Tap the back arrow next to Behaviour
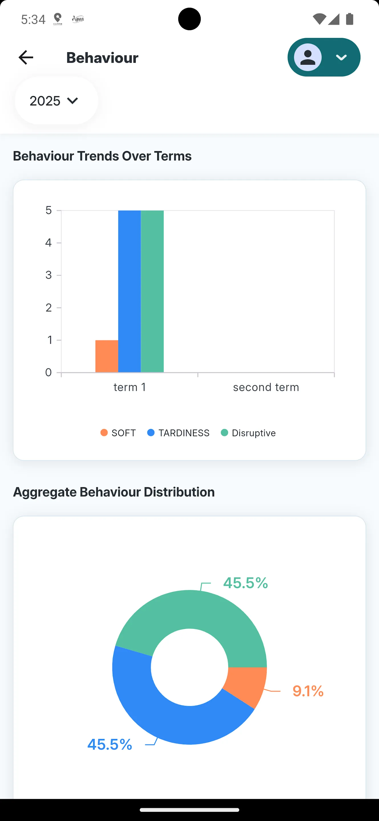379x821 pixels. click(x=26, y=57)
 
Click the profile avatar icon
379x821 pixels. click(x=308, y=57)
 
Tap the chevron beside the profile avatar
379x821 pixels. click(x=341, y=57)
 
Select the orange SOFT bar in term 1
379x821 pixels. click(x=107, y=356)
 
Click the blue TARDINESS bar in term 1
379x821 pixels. click(x=129, y=291)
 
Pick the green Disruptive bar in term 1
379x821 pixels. click(x=152, y=291)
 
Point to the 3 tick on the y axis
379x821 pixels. click(x=48, y=275)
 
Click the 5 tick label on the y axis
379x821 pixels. click(x=48, y=210)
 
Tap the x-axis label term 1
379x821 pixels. click(x=130, y=387)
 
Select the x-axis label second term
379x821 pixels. click(x=266, y=387)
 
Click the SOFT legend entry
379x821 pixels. click(x=118, y=433)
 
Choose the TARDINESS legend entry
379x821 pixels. click(x=179, y=433)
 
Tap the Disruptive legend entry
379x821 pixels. click(x=248, y=433)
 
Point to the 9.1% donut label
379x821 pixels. click(x=308, y=691)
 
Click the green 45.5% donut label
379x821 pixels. click(x=246, y=583)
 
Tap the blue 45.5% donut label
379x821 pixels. click(x=110, y=745)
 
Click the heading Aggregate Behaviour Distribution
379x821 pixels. click(x=114, y=492)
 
